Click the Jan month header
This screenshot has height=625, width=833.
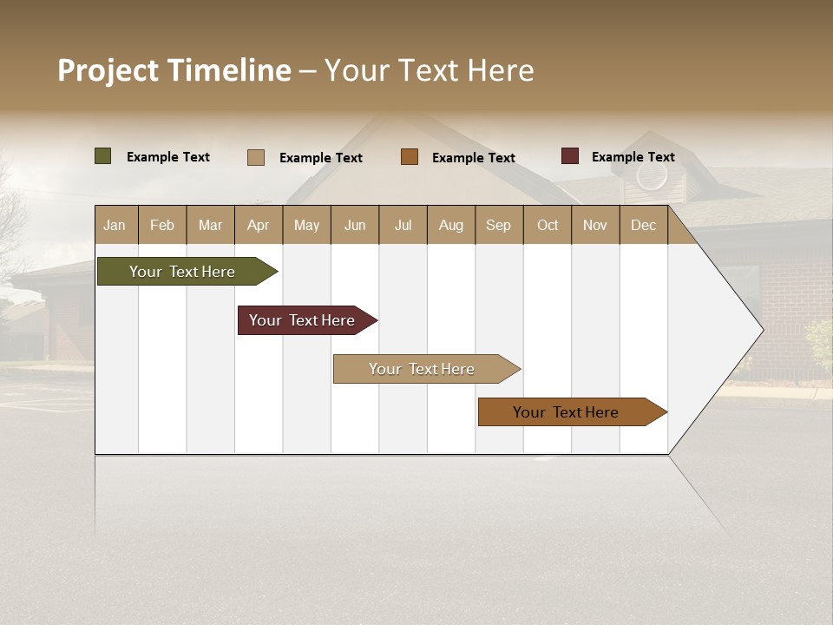point(115,225)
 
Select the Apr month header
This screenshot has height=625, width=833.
point(258,225)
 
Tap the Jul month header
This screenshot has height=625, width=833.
point(403,225)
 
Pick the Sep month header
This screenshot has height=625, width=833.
point(498,225)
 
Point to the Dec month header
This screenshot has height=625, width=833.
point(643,225)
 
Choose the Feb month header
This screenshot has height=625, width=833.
point(162,225)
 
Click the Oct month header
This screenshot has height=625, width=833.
point(548,225)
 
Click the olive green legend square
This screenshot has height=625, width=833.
point(102,156)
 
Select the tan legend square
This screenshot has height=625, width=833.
point(255,157)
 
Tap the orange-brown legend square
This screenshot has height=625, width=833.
point(410,156)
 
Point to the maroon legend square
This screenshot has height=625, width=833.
point(569,156)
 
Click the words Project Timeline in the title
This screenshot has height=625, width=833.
point(174,70)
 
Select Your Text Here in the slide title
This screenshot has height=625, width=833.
point(430,70)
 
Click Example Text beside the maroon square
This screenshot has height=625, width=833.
point(633,157)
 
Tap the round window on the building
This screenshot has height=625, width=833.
point(651,176)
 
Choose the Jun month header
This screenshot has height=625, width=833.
point(355,225)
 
